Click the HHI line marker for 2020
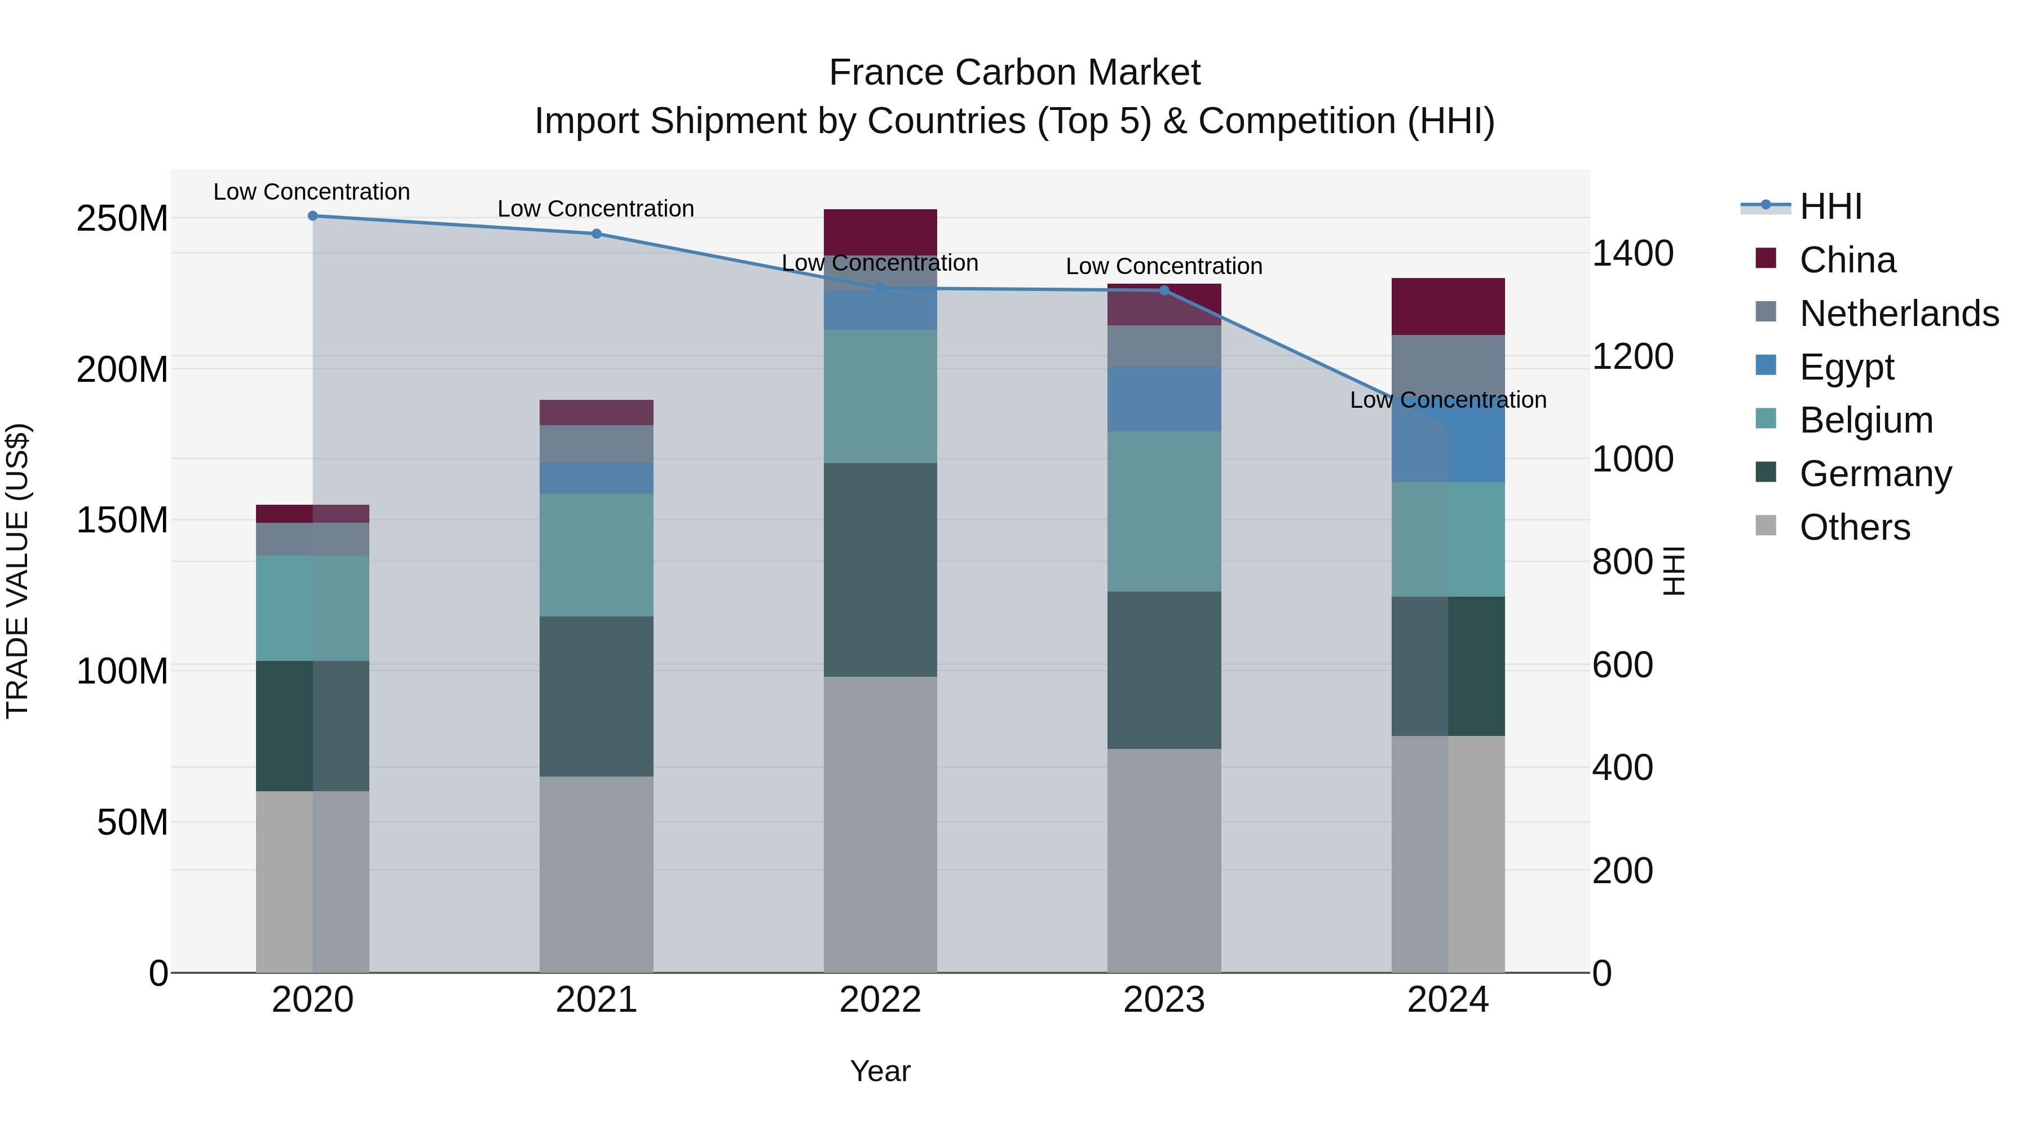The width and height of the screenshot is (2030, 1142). click(x=313, y=216)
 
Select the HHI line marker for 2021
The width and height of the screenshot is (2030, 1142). click(x=597, y=234)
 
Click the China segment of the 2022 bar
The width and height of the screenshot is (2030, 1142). click(x=880, y=232)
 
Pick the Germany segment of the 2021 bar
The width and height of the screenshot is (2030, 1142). click(x=597, y=696)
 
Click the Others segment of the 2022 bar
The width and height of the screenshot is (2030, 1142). click(x=880, y=824)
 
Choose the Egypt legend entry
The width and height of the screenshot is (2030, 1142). click(x=1846, y=367)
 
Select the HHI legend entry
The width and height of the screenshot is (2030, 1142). click(x=1830, y=206)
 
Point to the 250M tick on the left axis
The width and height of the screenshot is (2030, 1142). click(x=122, y=218)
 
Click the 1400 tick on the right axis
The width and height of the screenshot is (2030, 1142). click(x=1632, y=254)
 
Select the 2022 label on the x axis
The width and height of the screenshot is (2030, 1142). click(x=880, y=1000)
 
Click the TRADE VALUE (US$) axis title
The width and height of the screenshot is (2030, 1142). click(x=17, y=571)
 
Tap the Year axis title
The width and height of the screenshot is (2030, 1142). click(x=880, y=1071)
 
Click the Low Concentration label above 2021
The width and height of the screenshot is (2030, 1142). click(x=596, y=209)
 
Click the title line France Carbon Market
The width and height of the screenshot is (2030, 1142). click(x=1014, y=73)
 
